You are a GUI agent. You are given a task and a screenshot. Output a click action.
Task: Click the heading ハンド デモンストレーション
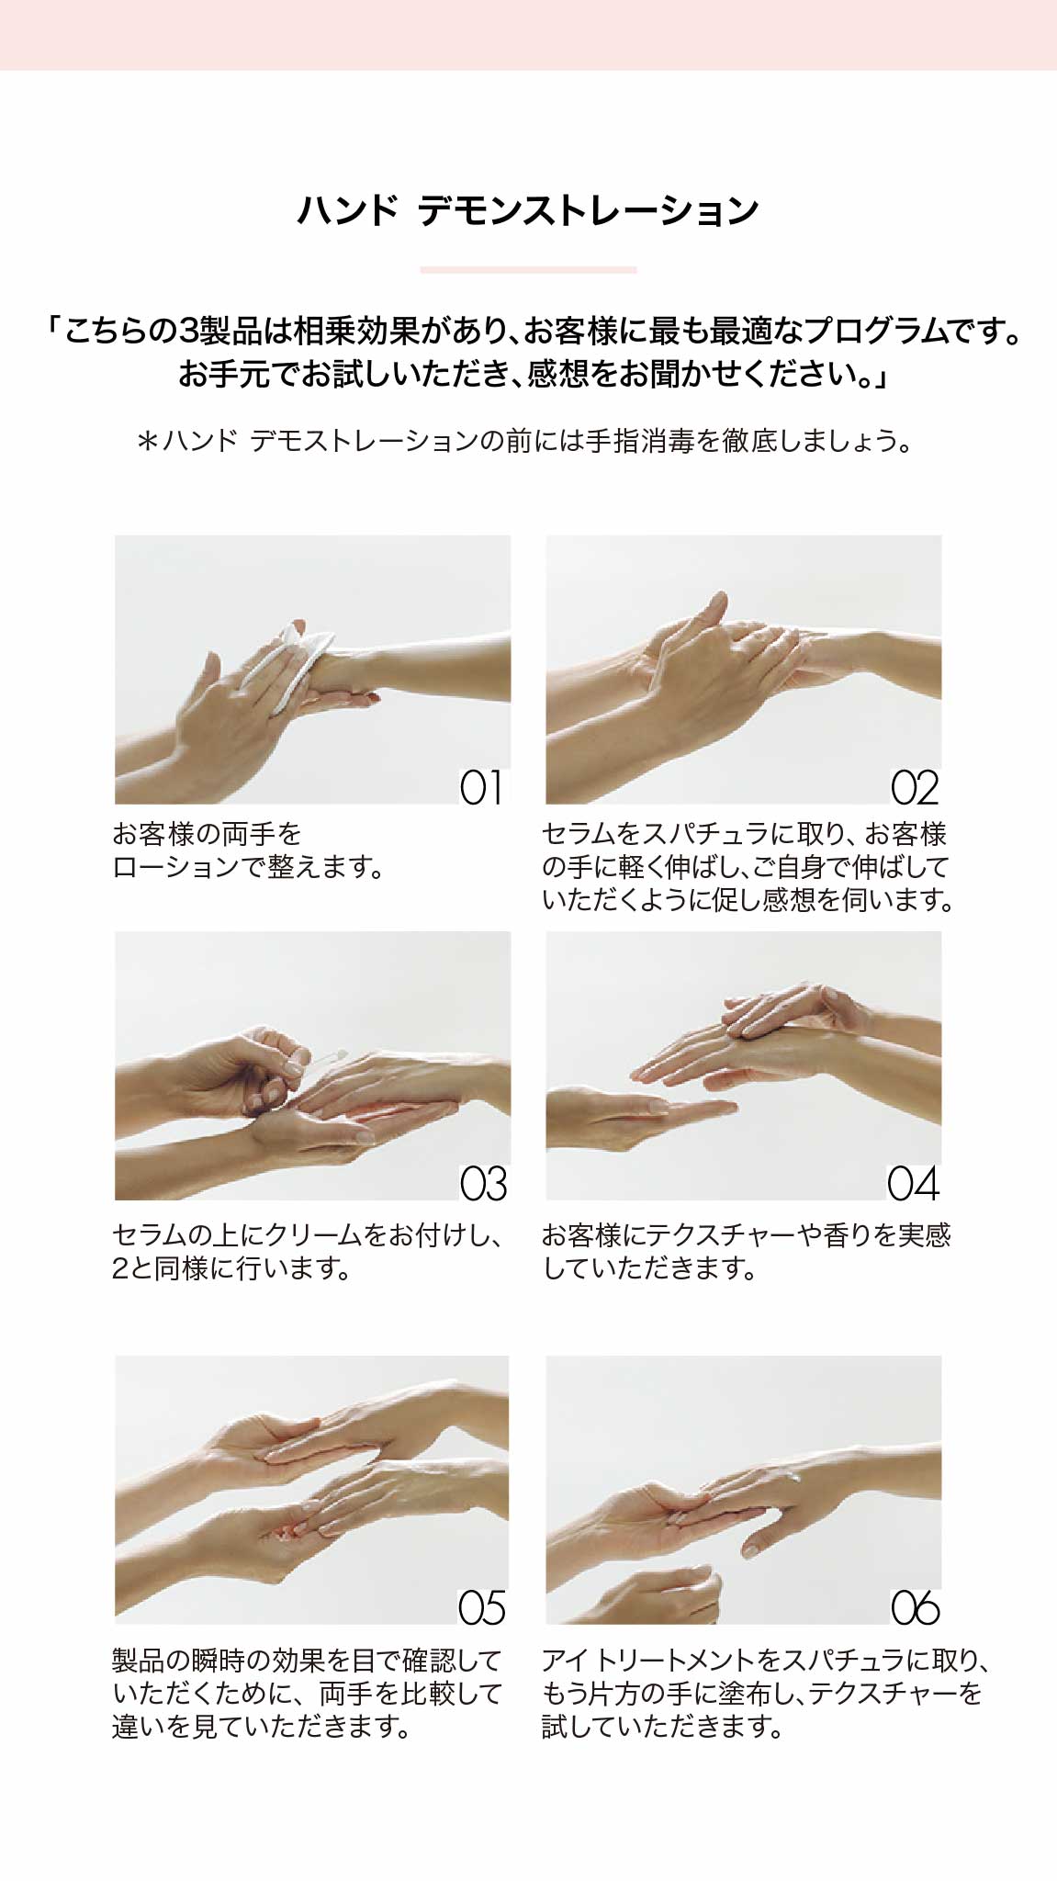(528, 210)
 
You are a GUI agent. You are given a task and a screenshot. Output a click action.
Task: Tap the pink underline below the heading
(528, 270)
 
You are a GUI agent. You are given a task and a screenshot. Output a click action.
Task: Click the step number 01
(482, 788)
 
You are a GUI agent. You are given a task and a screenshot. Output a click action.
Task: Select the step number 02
(915, 788)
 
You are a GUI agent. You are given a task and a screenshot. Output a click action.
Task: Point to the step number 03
(483, 1184)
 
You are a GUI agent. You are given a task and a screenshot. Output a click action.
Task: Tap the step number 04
(914, 1184)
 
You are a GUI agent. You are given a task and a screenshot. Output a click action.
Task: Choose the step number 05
(482, 1608)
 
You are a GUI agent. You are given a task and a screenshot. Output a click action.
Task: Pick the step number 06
(915, 1608)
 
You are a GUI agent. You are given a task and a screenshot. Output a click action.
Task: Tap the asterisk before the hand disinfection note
(147, 442)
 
